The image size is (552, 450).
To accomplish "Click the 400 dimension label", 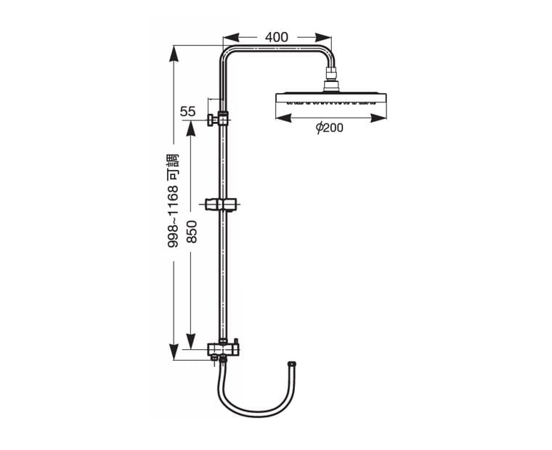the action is coord(276,37).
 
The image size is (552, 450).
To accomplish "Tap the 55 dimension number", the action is coord(187,112).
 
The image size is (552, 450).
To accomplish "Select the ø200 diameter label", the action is coord(329,128).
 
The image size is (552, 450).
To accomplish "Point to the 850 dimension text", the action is coord(192,232).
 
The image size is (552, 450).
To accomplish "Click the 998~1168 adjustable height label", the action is coord(173,200).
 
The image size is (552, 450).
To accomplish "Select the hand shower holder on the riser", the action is coord(221,205).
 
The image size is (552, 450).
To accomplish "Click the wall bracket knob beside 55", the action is coord(211,120).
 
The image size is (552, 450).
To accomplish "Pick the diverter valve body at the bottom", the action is coord(224,349).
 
